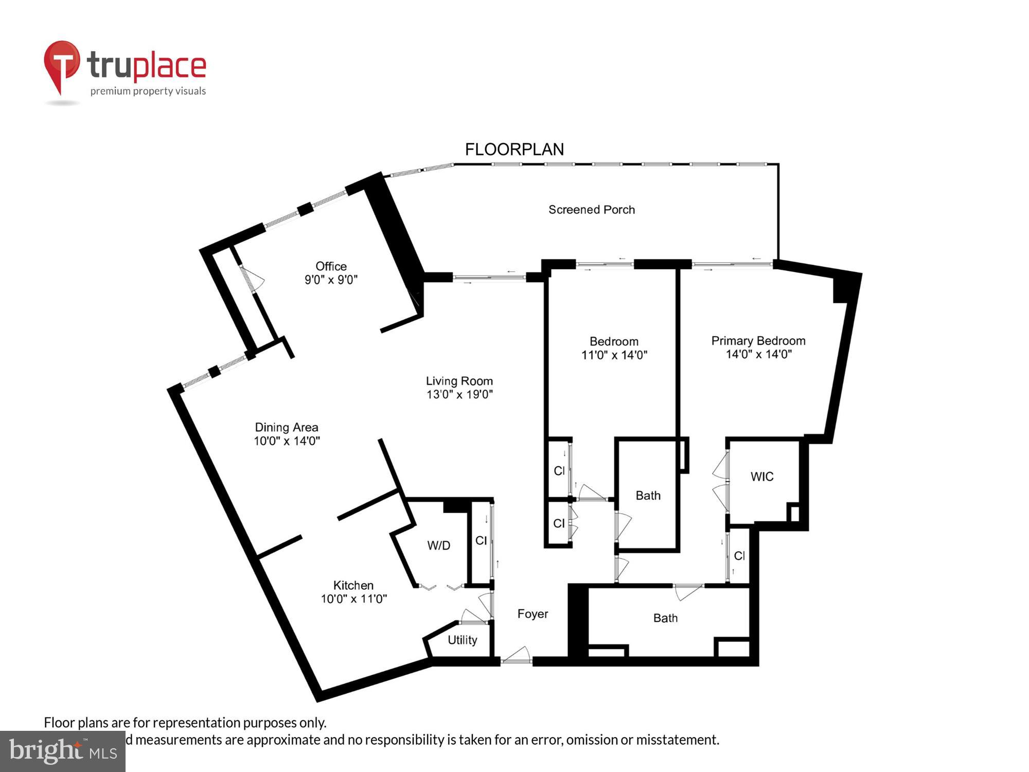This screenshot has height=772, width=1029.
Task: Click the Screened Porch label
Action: tap(591, 209)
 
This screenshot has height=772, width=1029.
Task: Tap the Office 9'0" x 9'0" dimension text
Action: tap(331, 279)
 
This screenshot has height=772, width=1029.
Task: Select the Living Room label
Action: tap(459, 381)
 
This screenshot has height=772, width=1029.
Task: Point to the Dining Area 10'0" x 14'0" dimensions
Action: tap(287, 441)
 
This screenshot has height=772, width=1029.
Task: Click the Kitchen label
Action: tap(353, 585)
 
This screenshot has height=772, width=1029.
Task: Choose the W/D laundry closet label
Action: tap(438, 546)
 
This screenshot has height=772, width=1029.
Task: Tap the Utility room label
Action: tap(462, 640)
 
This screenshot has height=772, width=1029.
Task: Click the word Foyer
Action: tap(533, 613)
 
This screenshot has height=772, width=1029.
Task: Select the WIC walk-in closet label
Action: tap(761, 477)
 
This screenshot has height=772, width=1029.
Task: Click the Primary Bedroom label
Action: tap(758, 341)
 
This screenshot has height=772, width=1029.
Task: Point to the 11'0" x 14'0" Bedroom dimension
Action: tap(614, 355)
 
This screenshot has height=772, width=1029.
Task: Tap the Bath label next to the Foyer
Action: tap(665, 618)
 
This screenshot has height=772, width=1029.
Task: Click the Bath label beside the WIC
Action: tap(648, 496)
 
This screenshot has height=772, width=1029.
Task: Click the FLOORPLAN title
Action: tap(514, 149)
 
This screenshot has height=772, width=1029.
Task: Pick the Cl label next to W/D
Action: tap(481, 540)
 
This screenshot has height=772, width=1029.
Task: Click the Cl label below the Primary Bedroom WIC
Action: tap(739, 556)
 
